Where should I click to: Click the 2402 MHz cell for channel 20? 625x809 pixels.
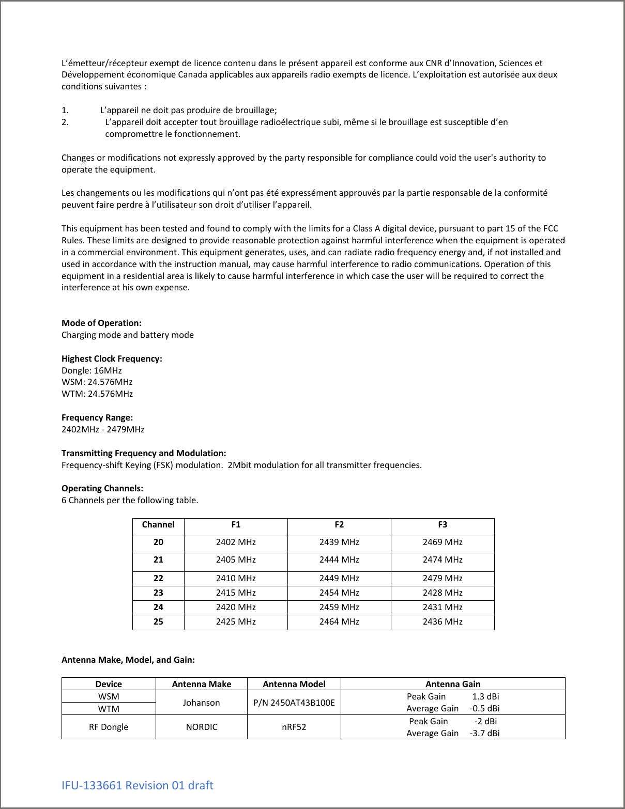pos(235,542)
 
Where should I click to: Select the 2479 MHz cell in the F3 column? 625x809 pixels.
pos(443,578)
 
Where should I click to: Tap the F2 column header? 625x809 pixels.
pos(339,524)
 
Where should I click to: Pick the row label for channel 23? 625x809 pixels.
pos(158,593)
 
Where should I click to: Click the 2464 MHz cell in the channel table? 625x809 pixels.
pos(339,621)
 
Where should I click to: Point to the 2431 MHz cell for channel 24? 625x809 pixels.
pos(443,607)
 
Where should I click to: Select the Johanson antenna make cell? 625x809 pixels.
pos(201,703)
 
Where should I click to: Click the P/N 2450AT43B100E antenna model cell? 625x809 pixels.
pos(294,703)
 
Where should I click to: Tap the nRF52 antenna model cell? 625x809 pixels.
pos(294,727)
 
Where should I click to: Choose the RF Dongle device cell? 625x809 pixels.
pos(109,727)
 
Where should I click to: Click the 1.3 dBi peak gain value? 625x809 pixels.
pos(485,696)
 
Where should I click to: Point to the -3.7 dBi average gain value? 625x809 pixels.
pos(484,733)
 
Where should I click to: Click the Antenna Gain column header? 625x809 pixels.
pos(453,684)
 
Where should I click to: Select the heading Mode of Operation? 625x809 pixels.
pos(101,323)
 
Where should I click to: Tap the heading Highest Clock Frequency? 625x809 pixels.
pos(112,359)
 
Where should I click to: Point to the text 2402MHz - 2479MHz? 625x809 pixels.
pos(103,429)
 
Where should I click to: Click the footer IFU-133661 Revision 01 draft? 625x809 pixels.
pos(137,785)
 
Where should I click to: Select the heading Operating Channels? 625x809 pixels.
pos(102,488)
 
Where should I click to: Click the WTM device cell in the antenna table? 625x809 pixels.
pos(109,709)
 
